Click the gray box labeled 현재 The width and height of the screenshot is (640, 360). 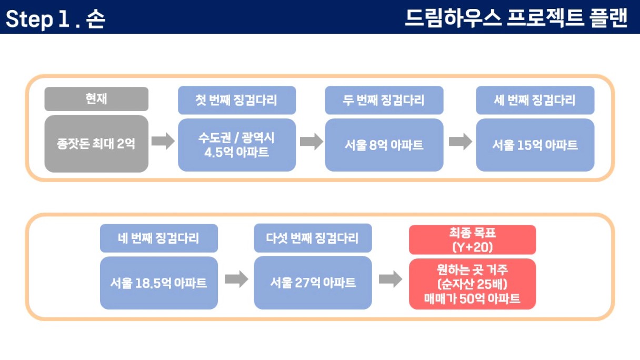(96, 99)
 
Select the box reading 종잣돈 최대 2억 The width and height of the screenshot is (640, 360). (96, 144)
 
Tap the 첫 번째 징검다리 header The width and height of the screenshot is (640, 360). (237, 101)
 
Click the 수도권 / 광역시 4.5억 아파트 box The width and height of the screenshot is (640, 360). (237, 145)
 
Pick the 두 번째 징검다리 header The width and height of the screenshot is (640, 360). (384, 101)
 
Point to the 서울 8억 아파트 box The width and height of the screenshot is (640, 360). (384, 145)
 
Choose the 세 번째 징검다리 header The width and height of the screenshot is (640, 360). (535, 101)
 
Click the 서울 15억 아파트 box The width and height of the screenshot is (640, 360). (535, 145)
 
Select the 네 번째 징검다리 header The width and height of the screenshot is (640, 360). (159, 238)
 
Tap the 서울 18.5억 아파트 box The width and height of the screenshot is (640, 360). (159, 283)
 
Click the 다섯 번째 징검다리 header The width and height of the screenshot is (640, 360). (313, 238)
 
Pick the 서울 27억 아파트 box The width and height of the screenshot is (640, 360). (313, 283)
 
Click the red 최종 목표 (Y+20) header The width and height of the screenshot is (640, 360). (472, 239)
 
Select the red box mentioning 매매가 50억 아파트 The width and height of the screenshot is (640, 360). (472, 284)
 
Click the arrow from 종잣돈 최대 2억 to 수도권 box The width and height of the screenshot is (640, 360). (163, 141)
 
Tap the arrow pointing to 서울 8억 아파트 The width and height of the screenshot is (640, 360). (312, 142)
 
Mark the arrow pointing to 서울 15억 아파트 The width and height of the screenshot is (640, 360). (461, 142)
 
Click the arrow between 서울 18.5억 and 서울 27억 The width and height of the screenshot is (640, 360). (236, 279)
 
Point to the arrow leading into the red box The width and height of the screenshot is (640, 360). (391, 279)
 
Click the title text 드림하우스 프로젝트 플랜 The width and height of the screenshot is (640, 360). (516, 18)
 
